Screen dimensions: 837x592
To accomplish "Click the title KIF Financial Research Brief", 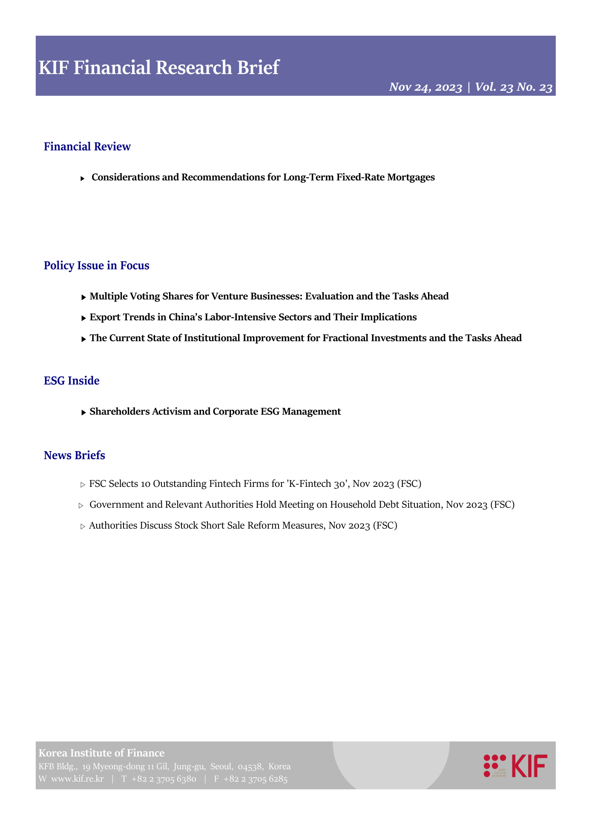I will coord(159,68).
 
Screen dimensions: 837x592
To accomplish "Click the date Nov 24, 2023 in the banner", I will coord(425,87).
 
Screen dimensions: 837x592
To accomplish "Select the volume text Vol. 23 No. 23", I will coord(514,87).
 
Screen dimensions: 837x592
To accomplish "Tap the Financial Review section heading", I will coord(87,147).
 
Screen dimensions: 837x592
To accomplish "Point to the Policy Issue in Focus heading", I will coord(97,266).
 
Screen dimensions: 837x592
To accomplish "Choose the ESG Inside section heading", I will coord(72,381).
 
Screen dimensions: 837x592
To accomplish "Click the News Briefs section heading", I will coord(75,455).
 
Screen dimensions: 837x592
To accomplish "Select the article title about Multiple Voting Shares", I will coord(269,296).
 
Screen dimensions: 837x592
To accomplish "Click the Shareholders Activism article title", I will coord(215,412).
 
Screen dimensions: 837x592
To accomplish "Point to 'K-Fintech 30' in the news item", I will coord(318,484).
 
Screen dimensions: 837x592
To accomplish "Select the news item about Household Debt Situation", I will coord(302,505).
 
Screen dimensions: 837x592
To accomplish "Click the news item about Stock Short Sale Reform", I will coord(243,526).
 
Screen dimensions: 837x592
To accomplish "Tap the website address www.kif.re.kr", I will coord(78,779).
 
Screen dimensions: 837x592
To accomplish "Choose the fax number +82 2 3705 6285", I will coord(256,779).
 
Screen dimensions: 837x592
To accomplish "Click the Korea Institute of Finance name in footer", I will coord(101,753).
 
